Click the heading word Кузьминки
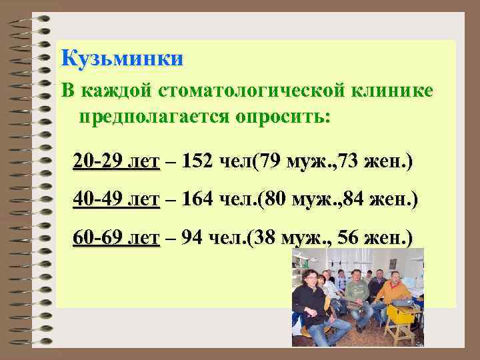121,59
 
